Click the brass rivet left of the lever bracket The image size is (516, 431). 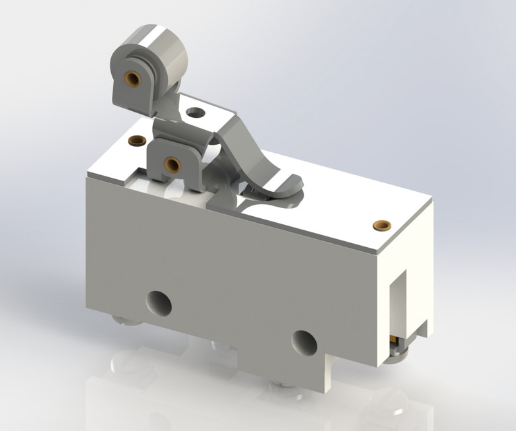137,141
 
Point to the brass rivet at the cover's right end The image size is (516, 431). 382,224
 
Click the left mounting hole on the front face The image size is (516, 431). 159,304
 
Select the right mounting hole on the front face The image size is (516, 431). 304,343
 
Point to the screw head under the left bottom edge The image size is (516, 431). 128,321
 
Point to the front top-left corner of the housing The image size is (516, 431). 88,176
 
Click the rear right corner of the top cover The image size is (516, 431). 432,203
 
